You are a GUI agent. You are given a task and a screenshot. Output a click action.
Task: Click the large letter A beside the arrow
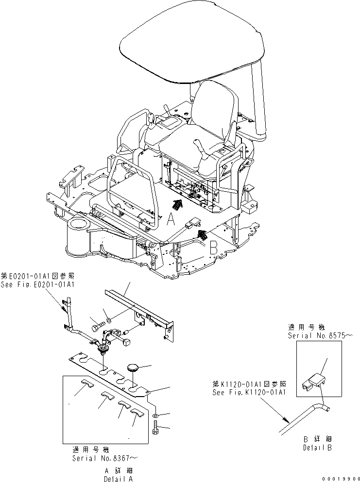pyautogui.click(x=170, y=221)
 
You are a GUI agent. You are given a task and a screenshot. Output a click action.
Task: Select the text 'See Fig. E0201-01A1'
pyautogui.click(x=37, y=284)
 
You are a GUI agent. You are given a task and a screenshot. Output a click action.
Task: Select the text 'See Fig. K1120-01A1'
pyautogui.click(x=248, y=392)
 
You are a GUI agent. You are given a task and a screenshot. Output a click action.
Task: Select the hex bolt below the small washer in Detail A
pyautogui.click(x=155, y=429)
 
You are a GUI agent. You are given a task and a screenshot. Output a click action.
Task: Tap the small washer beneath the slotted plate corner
pyautogui.click(x=154, y=416)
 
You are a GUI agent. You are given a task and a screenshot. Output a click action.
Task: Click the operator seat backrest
pyautogui.click(x=215, y=110)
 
